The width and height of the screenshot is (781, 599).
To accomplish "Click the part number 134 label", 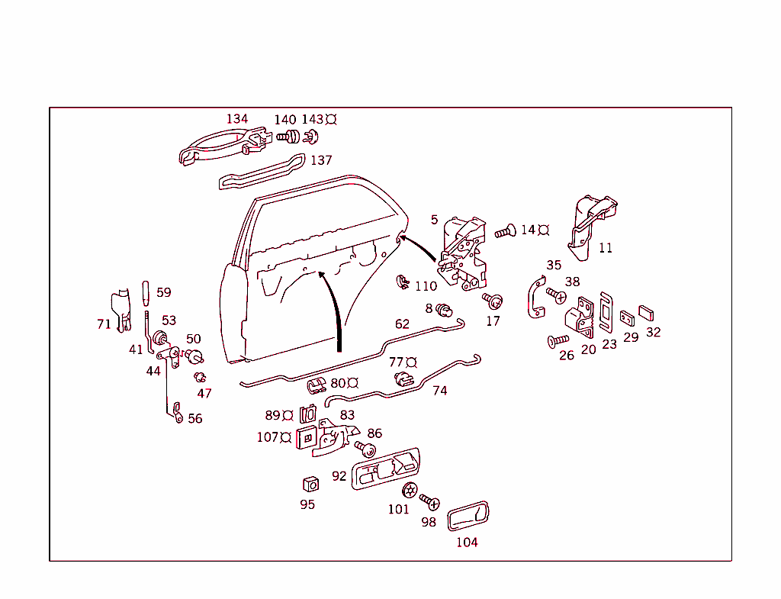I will [237, 119].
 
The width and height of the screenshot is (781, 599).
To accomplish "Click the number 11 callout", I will [606, 248].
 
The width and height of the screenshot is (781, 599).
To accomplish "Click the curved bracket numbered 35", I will [535, 297].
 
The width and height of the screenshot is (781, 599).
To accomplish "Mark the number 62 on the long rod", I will [402, 324].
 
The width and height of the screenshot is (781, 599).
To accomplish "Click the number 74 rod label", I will [440, 390].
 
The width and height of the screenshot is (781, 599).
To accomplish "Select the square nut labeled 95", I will [309, 485].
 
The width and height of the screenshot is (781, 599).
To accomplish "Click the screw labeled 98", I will [431, 502].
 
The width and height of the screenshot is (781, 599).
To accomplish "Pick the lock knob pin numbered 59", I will [145, 292].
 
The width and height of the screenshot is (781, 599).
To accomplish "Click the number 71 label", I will [104, 324].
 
